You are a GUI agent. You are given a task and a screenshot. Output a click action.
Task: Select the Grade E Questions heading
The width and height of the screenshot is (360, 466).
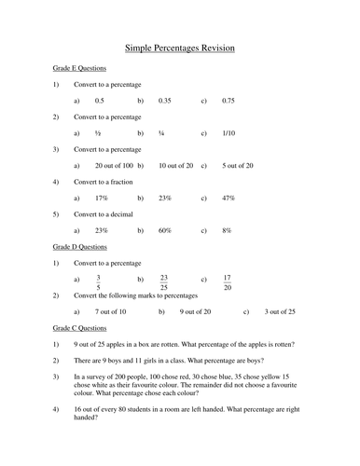pos(79,68)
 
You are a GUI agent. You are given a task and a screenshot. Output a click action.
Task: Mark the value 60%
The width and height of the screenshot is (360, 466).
pos(165,230)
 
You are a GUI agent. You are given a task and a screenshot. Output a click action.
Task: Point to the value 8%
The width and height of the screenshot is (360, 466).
pos(227,230)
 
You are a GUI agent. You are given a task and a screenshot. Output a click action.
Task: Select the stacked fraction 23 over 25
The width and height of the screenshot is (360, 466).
pos(164,280)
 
